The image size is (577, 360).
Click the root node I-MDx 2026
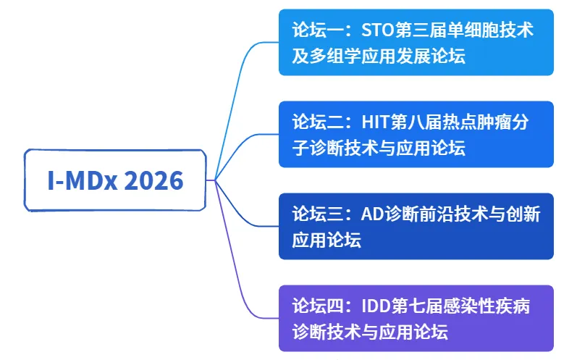point(116,180)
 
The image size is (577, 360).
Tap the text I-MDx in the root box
point(81,180)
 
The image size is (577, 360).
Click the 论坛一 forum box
point(416,42)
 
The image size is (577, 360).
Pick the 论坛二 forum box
point(416,134)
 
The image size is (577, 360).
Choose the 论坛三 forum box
point(416,226)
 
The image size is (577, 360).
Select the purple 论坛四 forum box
point(416,318)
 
